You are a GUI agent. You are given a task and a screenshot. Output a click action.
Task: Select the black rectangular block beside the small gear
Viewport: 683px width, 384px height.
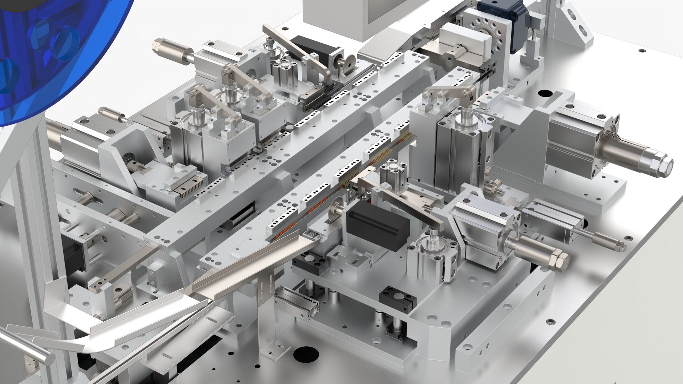pyautogui.click(x=377, y=224)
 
